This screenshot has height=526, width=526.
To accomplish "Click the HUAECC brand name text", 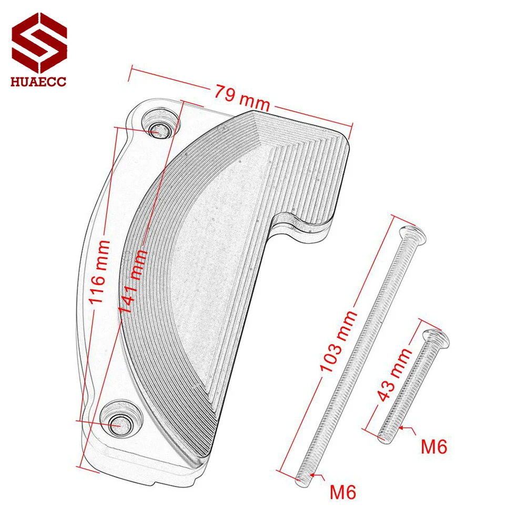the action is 38,82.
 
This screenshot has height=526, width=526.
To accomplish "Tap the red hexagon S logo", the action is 39,43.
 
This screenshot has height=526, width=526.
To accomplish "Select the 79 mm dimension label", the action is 242,98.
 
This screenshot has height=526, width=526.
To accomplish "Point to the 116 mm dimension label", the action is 100,272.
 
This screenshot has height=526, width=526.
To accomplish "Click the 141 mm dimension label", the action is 134,281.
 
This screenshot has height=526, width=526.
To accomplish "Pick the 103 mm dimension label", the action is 338,341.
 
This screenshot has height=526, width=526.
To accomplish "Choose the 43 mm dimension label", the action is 394,374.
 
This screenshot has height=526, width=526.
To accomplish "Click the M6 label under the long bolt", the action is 342,492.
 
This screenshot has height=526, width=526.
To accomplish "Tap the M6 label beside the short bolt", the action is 434,447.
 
